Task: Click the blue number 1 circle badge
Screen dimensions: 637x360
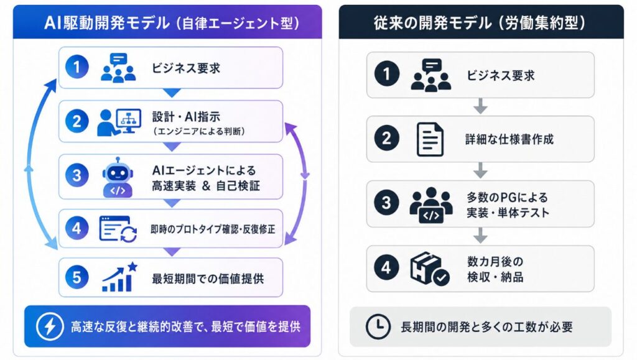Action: point(77,67)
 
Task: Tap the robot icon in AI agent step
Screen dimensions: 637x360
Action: point(118,177)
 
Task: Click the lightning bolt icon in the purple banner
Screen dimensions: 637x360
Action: point(50,326)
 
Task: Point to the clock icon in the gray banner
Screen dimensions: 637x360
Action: point(378,326)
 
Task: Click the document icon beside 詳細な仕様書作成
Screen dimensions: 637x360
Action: point(430,139)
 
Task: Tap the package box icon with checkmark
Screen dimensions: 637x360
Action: point(429,269)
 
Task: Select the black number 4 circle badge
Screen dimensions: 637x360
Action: point(386,267)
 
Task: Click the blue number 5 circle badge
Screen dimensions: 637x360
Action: point(77,277)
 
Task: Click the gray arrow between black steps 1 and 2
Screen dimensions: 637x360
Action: point(481,106)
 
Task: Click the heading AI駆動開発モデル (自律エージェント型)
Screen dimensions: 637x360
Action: point(172,23)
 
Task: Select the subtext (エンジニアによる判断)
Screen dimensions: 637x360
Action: point(199,131)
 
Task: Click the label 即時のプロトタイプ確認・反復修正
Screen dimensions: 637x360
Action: point(213,229)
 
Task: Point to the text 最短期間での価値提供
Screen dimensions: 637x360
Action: point(208,279)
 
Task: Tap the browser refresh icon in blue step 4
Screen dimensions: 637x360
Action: point(118,229)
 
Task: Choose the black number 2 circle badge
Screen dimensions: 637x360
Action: point(386,139)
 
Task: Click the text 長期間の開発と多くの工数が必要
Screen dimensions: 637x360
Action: point(486,326)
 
